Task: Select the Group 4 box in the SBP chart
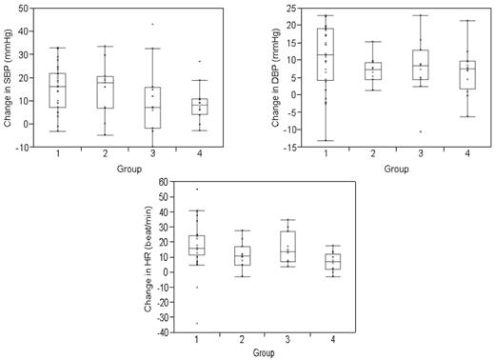pyautogui.click(x=198, y=106)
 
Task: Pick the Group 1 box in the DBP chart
pyautogui.click(x=325, y=54)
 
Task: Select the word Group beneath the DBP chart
pyautogui.click(x=393, y=169)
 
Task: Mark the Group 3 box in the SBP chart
pyautogui.click(x=153, y=107)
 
